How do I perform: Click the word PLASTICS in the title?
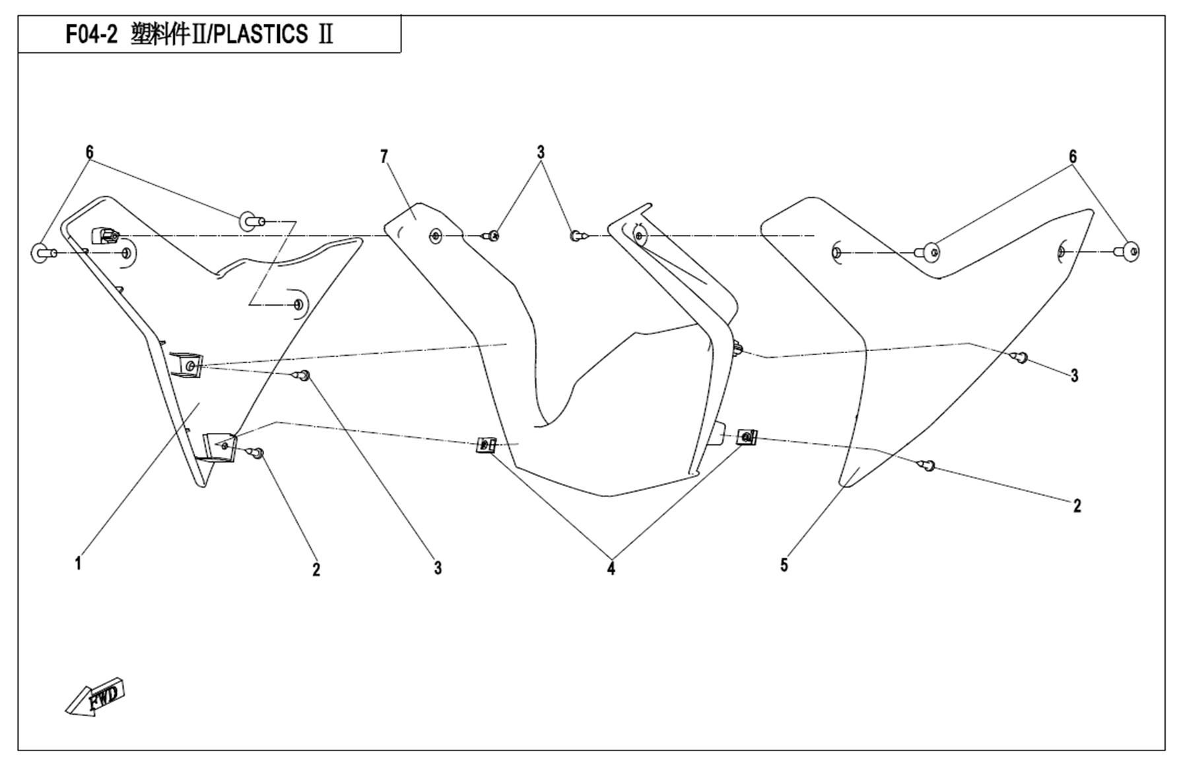[x=261, y=34]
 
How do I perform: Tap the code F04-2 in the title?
[x=91, y=34]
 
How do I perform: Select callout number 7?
[x=384, y=156]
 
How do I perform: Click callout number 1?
[x=78, y=563]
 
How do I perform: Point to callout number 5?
[x=784, y=565]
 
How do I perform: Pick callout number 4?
[x=611, y=568]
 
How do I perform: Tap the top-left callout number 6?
[x=89, y=152]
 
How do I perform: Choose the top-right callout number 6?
[x=1073, y=156]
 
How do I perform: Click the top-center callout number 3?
[x=541, y=152]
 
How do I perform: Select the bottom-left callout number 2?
[x=316, y=569]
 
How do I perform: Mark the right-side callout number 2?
[x=1077, y=506]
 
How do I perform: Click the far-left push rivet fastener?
[x=41, y=253]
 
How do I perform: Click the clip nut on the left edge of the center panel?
[x=486, y=446]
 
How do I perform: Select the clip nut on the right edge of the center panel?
[x=747, y=437]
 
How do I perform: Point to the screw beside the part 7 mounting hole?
[x=492, y=235]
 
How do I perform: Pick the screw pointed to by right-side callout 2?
[x=928, y=466]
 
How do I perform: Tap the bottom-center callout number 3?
[x=438, y=568]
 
